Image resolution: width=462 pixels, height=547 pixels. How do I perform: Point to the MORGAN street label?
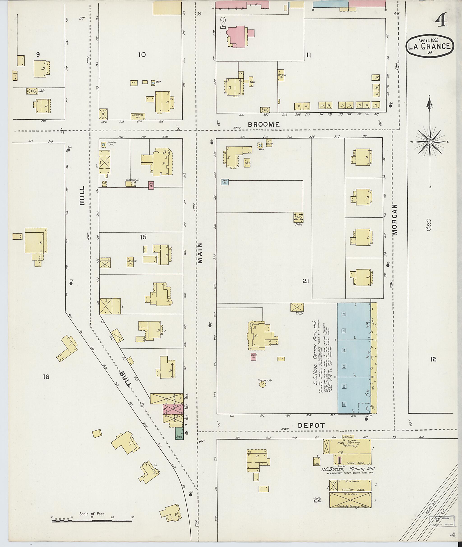click(x=395, y=219)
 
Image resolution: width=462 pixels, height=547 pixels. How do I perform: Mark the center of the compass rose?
click(x=430, y=142)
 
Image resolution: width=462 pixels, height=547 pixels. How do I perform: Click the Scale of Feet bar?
click(x=92, y=521)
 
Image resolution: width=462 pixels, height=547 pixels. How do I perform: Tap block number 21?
click(x=306, y=281)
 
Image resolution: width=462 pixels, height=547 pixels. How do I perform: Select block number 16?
click(x=46, y=377)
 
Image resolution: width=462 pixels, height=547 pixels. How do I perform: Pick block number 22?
click(x=317, y=500)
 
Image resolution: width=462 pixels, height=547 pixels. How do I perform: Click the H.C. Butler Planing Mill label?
click(x=348, y=469)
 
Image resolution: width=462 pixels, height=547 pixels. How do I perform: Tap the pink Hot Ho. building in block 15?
click(x=151, y=185)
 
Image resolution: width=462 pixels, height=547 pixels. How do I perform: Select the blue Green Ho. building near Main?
click(x=225, y=182)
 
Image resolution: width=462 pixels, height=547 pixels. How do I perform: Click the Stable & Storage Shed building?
click(x=350, y=500)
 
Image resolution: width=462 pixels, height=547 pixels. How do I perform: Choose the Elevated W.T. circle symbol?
click(x=104, y=144)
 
